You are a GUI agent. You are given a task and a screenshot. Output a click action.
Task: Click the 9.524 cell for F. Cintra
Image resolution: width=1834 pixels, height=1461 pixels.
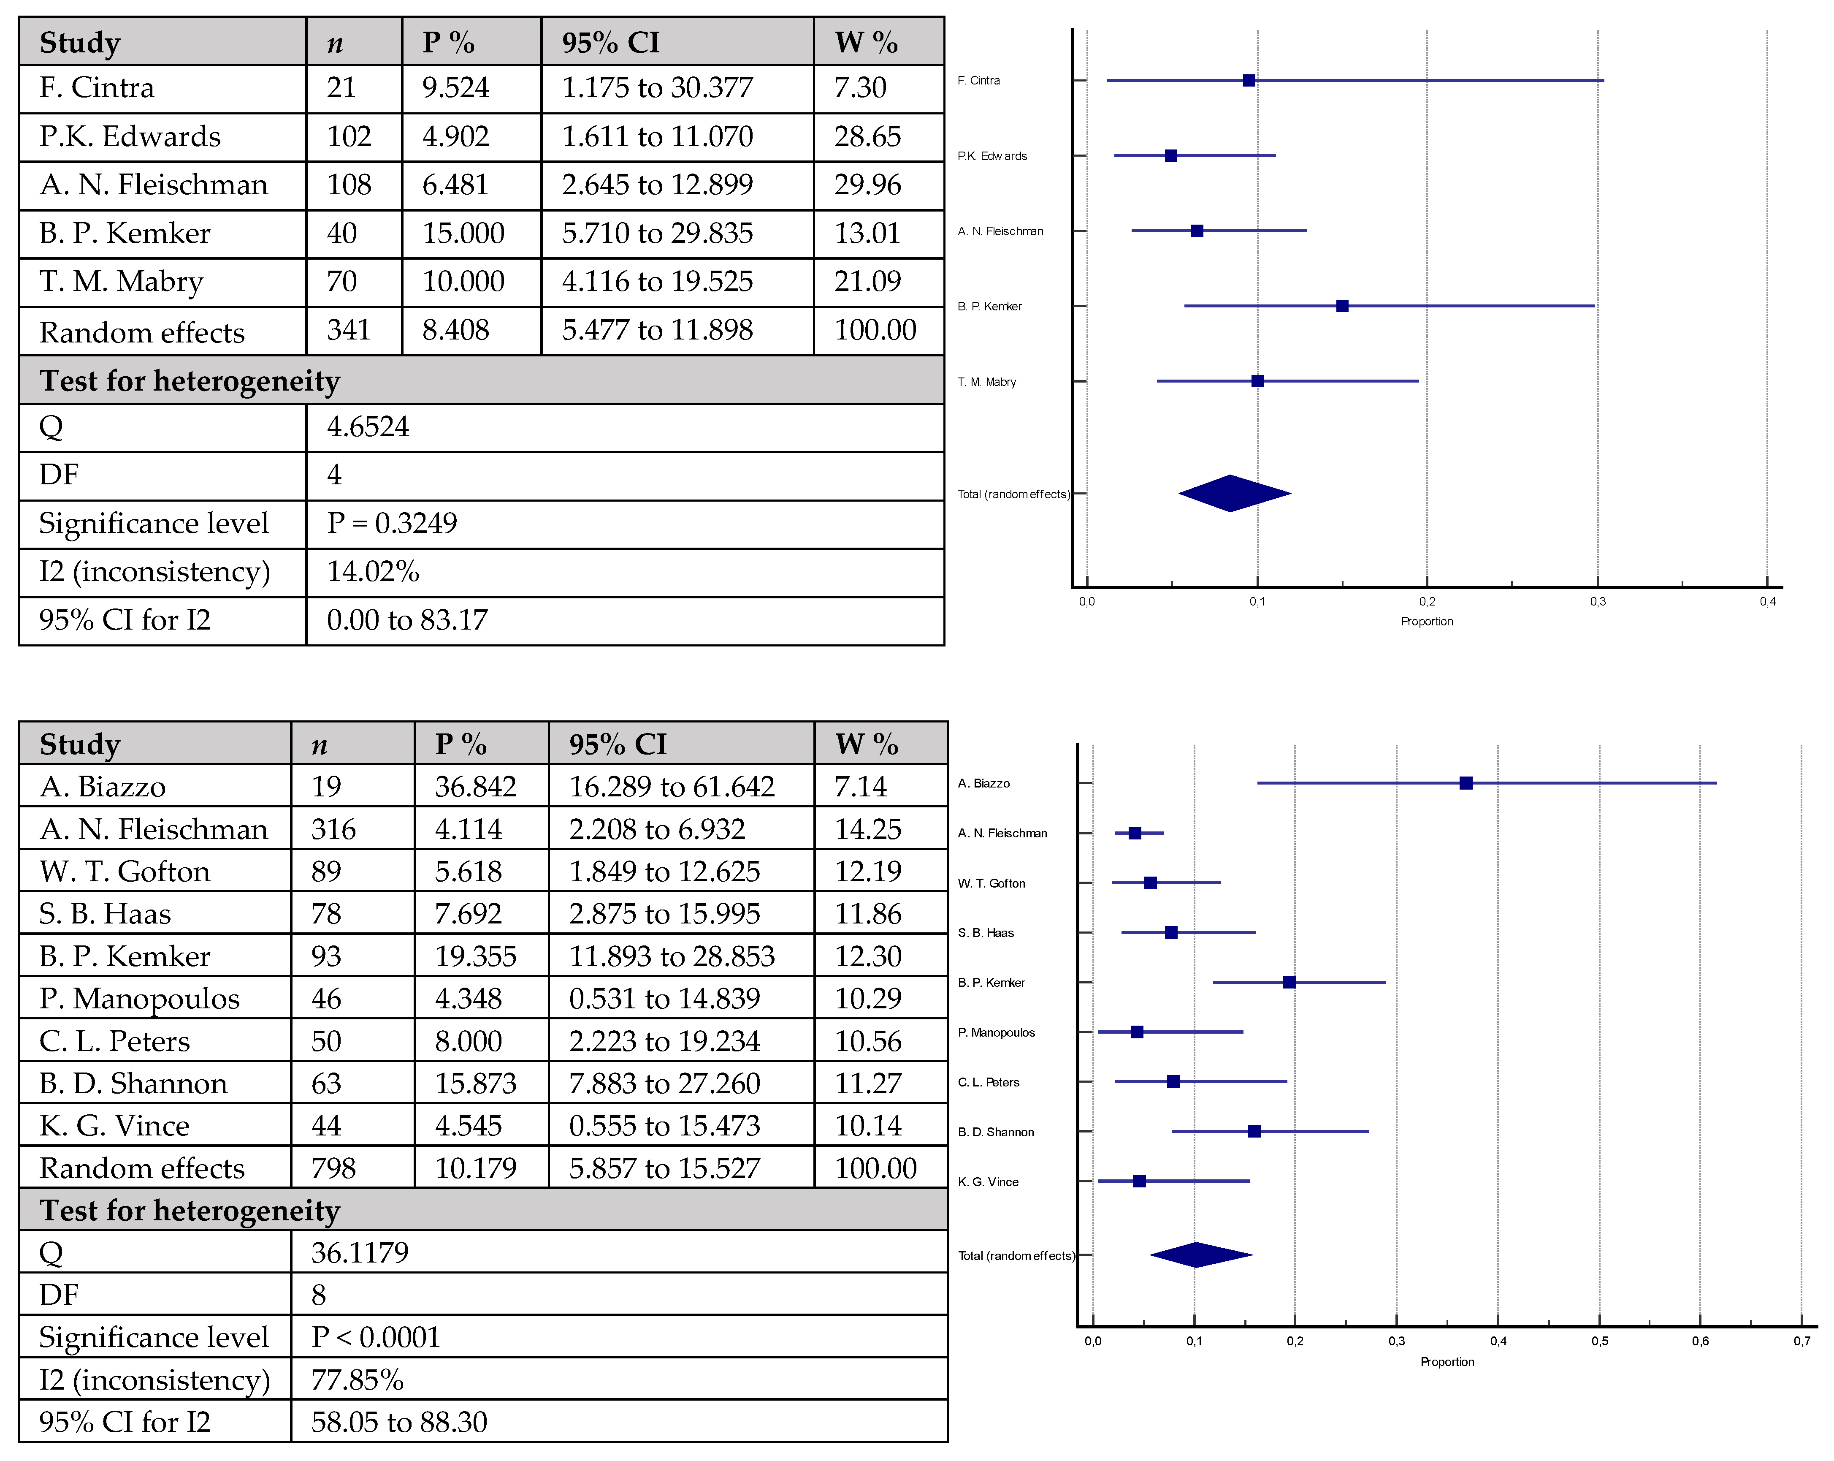pyautogui.click(x=456, y=88)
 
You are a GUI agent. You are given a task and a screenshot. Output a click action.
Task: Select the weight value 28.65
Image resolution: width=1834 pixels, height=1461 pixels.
pyautogui.click(x=867, y=136)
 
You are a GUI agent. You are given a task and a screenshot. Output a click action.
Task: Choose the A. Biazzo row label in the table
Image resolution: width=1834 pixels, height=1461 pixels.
pyautogui.click(x=103, y=786)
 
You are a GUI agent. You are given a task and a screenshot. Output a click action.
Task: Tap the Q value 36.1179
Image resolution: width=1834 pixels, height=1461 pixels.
pyautogui.click(x=360, y=1252)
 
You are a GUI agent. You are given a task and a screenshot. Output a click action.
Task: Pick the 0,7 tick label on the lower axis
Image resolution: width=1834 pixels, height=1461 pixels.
pyautogui.click(x=1801, y=1341)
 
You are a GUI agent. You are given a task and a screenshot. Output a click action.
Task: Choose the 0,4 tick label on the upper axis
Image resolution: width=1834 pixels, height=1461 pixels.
pyautogui.click(x=1768, y=602)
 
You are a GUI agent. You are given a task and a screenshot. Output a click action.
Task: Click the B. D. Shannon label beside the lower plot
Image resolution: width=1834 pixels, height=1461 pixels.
pyautogui.click(x=996, y=1132)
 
